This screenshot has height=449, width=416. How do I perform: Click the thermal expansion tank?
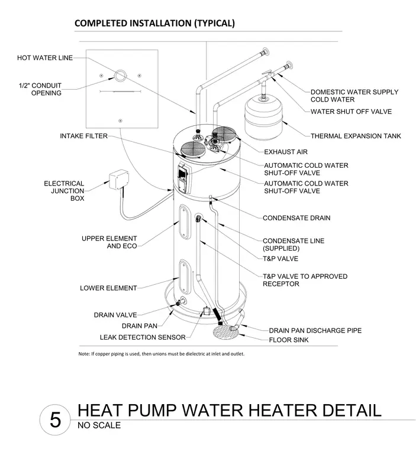tap(263, 118)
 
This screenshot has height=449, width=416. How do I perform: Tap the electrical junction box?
tap(119, 179)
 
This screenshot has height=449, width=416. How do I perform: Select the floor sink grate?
tap(226, 332)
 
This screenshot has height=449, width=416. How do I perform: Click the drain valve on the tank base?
tap(180, 302)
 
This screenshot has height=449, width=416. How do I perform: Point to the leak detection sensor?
tap(207, 311)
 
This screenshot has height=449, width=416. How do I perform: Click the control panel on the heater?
tap(182, 178)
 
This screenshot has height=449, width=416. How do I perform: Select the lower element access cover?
tap(185, 276)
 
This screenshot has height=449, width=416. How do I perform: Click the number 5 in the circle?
tap(56, 420)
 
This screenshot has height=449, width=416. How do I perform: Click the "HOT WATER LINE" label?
tap(45, 58)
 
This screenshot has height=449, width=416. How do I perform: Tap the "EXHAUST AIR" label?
tap(286, 152)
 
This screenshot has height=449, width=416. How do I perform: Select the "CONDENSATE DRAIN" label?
tap(296, 218)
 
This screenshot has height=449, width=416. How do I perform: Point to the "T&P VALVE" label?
tap(280, 259)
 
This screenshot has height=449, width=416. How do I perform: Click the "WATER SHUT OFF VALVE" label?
tap(351, 112)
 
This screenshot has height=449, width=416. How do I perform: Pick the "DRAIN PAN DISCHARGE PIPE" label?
tap(315, 330)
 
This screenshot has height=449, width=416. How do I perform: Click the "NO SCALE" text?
tap(99, 425)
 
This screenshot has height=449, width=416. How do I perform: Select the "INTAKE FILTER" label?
tap(84, 136)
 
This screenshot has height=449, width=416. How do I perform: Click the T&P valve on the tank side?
tap(199, 219)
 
